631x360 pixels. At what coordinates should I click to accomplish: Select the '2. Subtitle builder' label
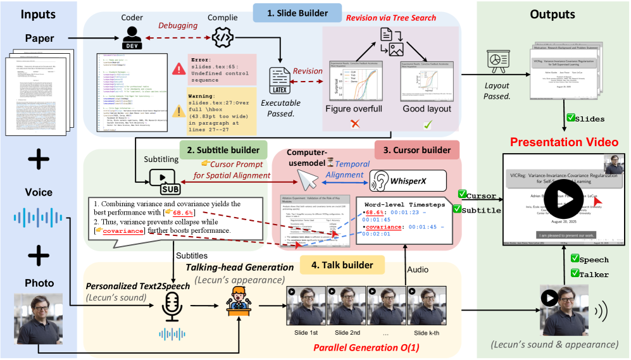point(223,151)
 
